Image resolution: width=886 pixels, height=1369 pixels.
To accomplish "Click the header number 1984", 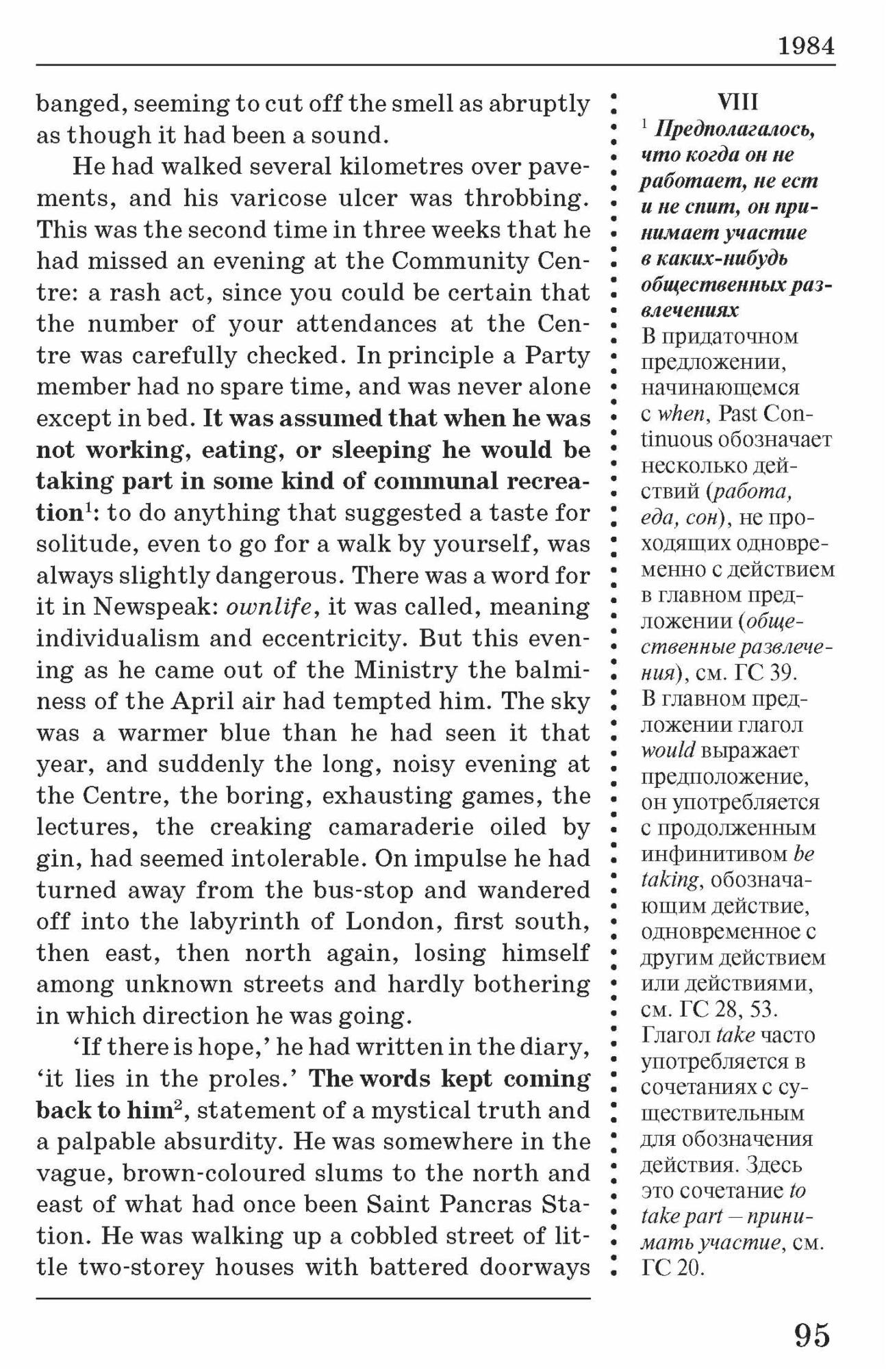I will pos(807,47).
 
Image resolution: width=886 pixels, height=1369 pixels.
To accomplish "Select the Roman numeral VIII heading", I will pos(738,103).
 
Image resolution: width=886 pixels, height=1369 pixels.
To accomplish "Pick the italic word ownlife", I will pos(263,607).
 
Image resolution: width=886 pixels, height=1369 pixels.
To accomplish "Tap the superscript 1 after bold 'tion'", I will pos(89,507).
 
